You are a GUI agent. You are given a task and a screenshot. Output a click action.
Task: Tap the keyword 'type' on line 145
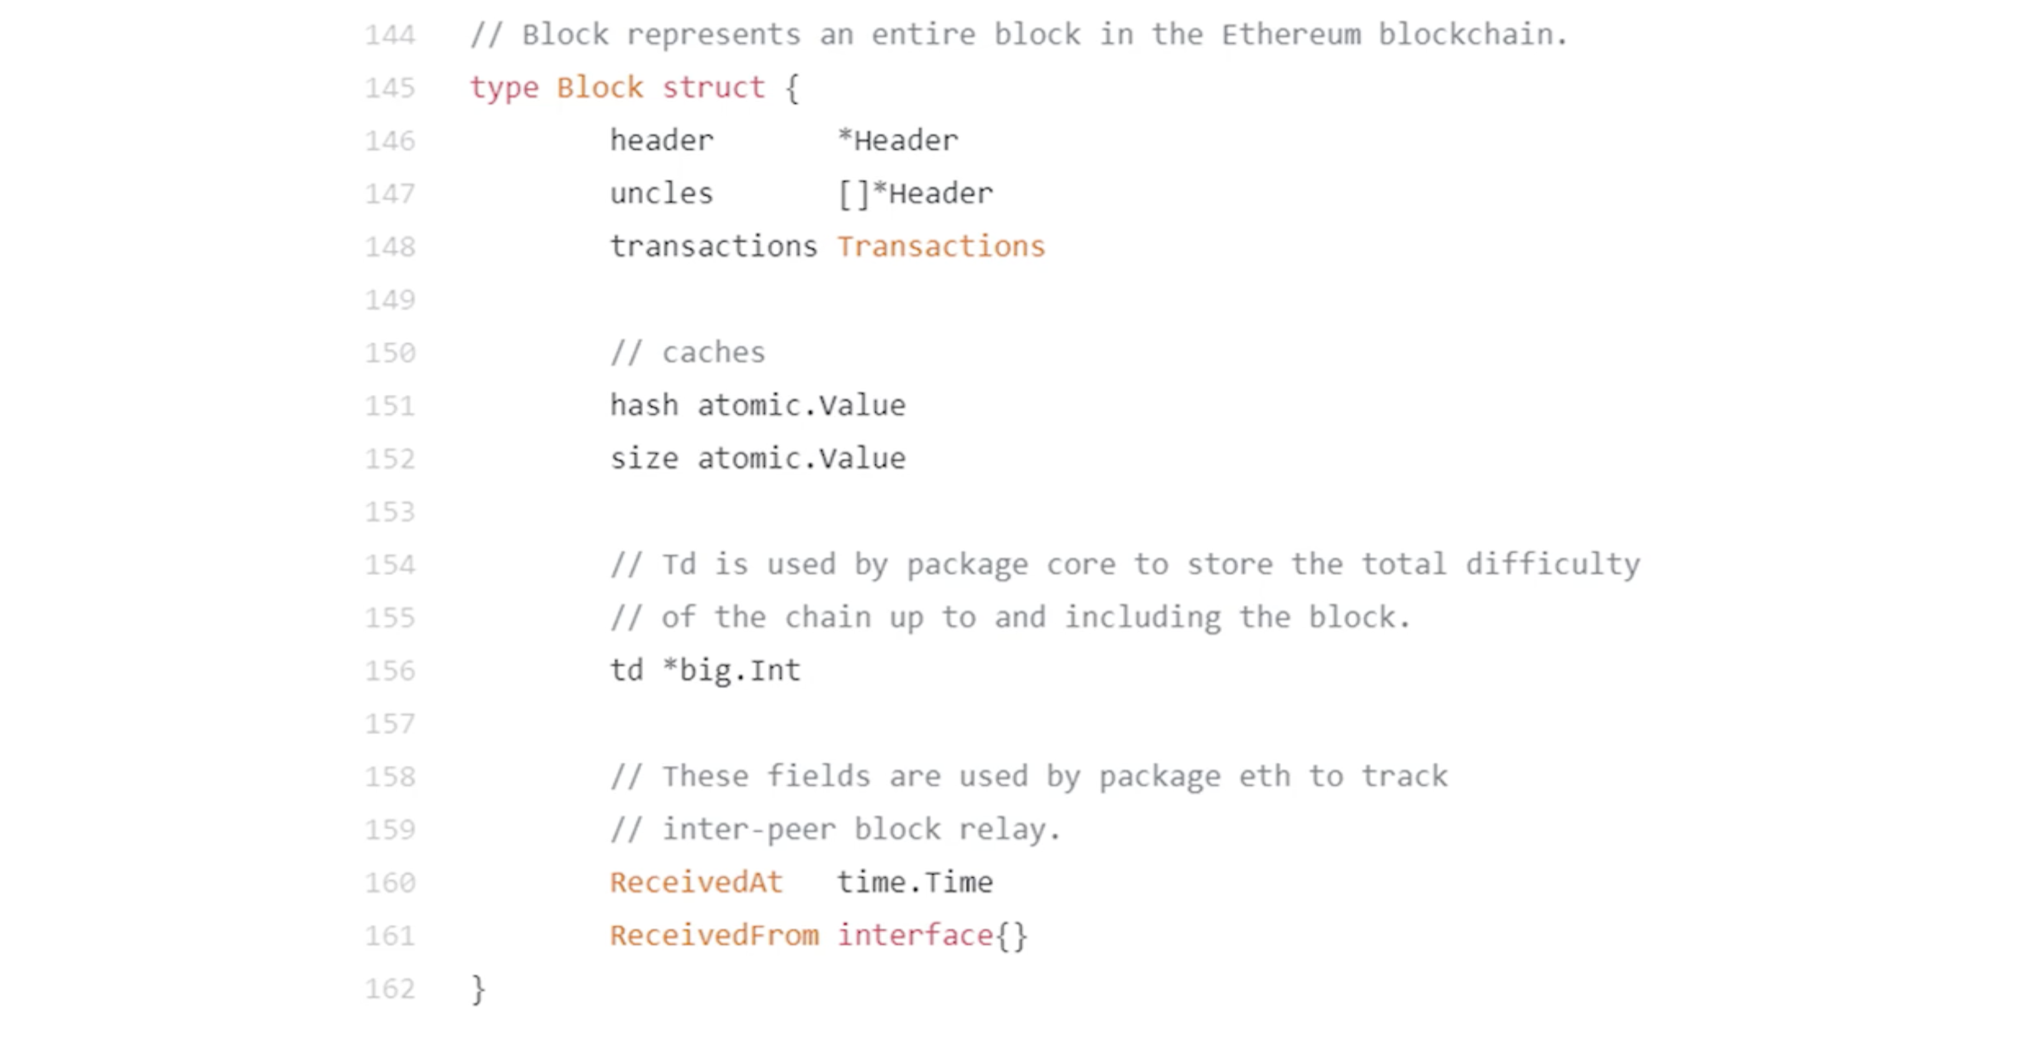click(x=504, y=88)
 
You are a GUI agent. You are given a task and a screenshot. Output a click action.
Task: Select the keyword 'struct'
click(x=713, y=88)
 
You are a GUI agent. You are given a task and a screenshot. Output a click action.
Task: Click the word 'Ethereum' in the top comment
click(x=1290, y=35)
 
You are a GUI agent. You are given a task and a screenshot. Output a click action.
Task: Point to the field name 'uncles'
click(x=662, y=194)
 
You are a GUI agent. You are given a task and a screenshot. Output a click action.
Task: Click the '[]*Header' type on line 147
click(x=915, y=194)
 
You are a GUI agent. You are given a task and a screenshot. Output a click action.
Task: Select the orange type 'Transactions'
click(x=940, y=247)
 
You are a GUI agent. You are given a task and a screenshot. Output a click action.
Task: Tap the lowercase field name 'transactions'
click(x=713, y=247)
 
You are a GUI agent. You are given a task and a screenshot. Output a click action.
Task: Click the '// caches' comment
click(x=687, y=353)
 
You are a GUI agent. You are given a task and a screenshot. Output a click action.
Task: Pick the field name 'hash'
click(x=644, y=406)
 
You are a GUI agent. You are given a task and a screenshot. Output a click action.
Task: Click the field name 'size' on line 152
click(x=644, y=458)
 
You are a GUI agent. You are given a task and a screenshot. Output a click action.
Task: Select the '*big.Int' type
click(x=731, y=671)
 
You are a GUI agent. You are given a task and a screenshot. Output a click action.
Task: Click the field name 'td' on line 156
click(x=626, y=671)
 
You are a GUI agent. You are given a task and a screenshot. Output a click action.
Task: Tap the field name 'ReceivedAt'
click(x=696, y=883)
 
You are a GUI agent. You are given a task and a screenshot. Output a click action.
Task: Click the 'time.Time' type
click(x=915, y=883)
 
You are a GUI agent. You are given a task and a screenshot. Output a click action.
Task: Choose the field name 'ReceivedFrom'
click(x=714, y=936)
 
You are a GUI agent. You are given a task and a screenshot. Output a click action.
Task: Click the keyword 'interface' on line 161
click(x=915, y=936)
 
